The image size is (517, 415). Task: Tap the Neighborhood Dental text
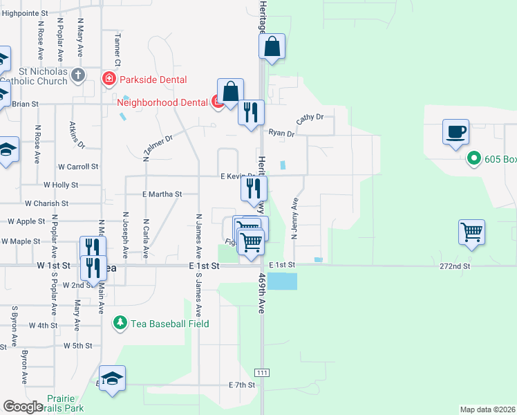pos(162,103)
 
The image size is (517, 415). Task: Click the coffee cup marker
pos(455,131)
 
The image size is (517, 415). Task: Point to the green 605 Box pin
pos(473,159)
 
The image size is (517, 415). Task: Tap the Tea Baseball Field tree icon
pos(120,323)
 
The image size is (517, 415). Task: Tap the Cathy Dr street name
pos(310,119)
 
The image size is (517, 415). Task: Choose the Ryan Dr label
pos(281,133)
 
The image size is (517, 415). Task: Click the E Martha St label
pos(161,195)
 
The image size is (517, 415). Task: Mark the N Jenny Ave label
pos(294,219)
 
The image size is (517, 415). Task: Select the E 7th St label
pos(242,385)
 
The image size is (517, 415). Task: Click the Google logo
pos(23,407)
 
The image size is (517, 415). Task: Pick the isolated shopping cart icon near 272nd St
pos(471,232)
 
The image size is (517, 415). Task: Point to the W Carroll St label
pos(78,167)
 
